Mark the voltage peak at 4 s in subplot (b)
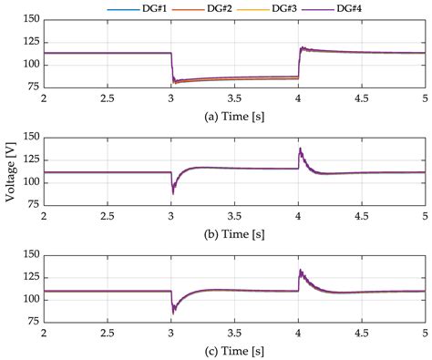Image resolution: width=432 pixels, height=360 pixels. click(x=300, y=149)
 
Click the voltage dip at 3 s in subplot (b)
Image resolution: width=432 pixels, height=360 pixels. click(x=172, y=192)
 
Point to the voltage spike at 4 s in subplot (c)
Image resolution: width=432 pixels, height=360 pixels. click(x=300, y=271)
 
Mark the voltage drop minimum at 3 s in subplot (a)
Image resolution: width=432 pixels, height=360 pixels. click(x=173, y=83)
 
